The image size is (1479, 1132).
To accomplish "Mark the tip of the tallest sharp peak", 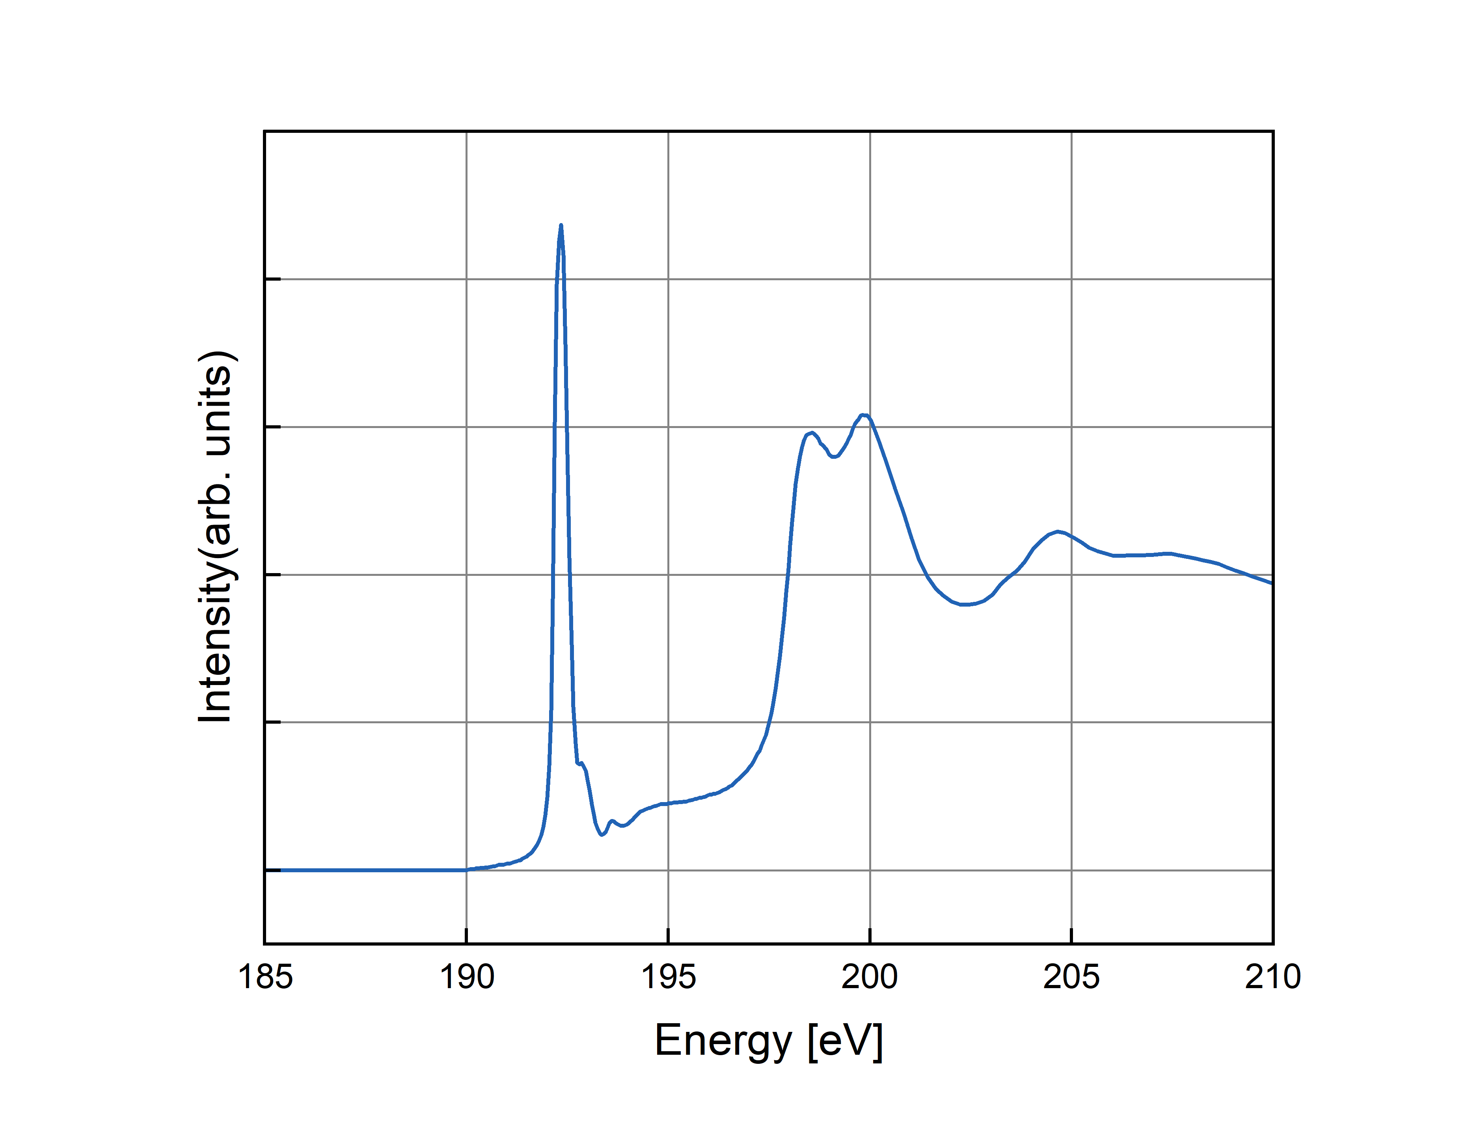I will point(561,226).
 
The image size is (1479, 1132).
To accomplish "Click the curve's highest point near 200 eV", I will point(864,415).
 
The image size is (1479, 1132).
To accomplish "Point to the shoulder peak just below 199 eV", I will point(812,433).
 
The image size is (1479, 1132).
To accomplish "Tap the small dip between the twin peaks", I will point(834,457).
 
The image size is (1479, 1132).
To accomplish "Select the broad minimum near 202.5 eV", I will point(965,604).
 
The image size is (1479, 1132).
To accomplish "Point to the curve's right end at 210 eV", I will point(1271,583).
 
